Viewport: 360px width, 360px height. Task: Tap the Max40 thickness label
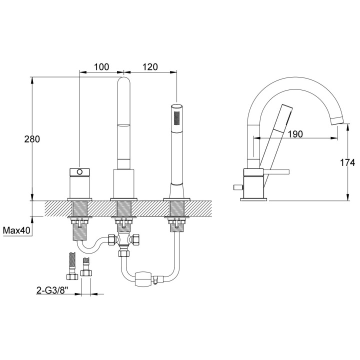18,230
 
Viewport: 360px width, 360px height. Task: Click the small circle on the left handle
78,172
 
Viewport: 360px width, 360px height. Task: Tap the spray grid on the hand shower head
176,118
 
